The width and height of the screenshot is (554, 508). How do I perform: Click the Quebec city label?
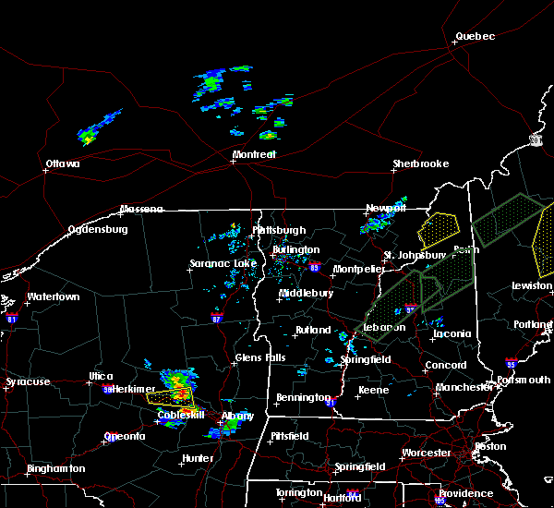475,37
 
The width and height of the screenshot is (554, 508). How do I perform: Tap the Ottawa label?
63,164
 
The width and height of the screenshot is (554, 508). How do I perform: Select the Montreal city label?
254,154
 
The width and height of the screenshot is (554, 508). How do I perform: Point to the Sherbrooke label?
420,163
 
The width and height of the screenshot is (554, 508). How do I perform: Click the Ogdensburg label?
97,229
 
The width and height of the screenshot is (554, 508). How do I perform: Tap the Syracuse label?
28,381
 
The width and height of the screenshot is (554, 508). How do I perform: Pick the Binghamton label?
55,468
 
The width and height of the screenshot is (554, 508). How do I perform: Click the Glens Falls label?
260,357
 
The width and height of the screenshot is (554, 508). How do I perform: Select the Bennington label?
302,398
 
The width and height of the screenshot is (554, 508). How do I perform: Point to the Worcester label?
426,453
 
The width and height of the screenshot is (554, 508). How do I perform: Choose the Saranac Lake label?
223,263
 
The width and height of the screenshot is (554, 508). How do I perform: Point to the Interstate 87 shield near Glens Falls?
215,318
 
